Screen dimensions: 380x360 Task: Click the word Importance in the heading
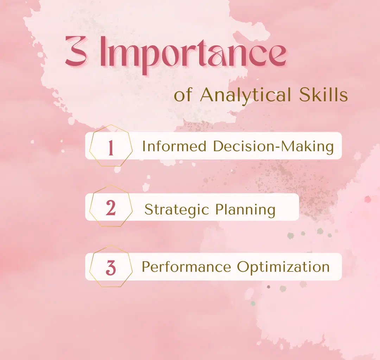(194, 55)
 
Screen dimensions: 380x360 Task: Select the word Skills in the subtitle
(323, 95)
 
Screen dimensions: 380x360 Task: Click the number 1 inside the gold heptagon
(111, 147)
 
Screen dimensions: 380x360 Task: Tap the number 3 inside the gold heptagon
(111, 268)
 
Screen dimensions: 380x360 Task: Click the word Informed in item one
(174, 146)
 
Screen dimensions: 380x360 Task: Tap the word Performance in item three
(186, 266)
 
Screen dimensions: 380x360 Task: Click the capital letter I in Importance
(103, 51)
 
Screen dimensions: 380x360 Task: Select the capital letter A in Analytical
(208, 95)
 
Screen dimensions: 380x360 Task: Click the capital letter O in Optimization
(243, 266)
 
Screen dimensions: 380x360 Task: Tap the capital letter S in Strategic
(149, 209)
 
